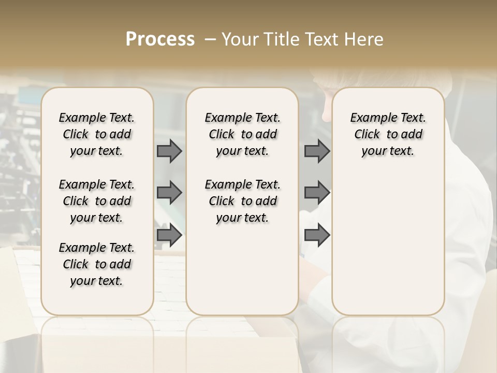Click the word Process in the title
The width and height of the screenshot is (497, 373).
pyautogui.click(x=160, y=39)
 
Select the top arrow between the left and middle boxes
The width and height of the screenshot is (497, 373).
pyautogui.click(x=169, y=151)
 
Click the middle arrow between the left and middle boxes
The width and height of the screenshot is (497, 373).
pyautogui.click(x=169, y=193)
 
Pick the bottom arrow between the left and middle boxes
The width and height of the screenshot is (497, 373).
pyautogui.click(x=169, y=235)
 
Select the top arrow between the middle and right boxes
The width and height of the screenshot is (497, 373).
pyautogui.click(x=317, y=151)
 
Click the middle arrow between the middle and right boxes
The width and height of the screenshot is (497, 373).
pyautogui.click(x=317, y=193)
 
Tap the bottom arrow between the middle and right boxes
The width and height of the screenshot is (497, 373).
pyautogui.click(x=317, y=235)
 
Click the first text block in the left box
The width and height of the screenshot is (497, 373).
pyautogui.click(x=97, y=134)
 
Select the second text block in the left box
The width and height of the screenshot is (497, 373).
pyautogui.click(x=97, y=201)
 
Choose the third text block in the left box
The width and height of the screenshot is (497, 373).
pyautogui.click(x=97, y=264)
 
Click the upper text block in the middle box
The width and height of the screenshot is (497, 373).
pyautogui.click(x=243, y=134)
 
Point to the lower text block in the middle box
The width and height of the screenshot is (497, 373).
pyautogui.click(x=243, y=201)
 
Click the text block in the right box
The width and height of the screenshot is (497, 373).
pyautogui.click(x=388, y=134)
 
